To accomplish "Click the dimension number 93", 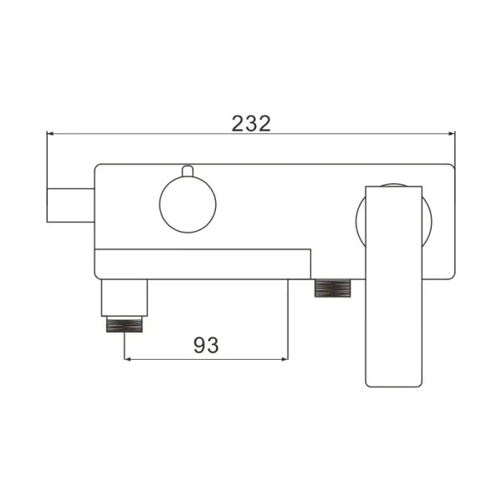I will click(206, 345).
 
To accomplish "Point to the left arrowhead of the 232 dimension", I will click(51, 134).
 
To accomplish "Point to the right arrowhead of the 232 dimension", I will click(449, 134).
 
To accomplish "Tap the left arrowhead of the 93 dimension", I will click(129, 360).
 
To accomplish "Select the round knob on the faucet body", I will click(187, 206).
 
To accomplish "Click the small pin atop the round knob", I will click(187, 172).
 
